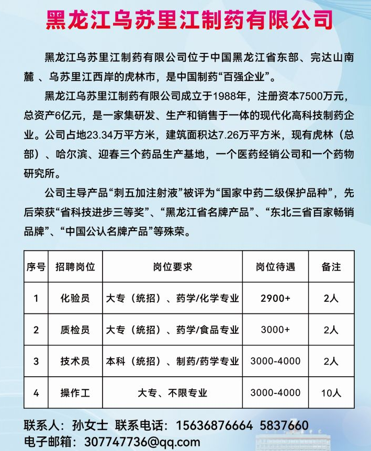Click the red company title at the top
(x=189, y=21)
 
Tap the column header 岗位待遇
(x=275, y=267)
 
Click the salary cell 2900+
(x=275, y=298)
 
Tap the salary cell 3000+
(x=275, y=330)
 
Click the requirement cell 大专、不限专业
(x=173, y=392)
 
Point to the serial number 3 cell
(x=36, y=361)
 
